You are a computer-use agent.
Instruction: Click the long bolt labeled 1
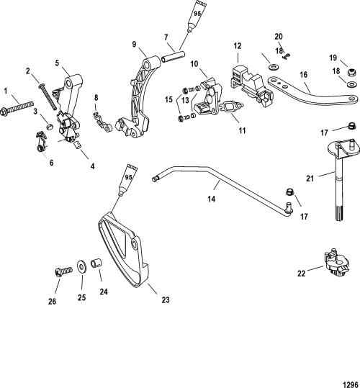click(17, 109)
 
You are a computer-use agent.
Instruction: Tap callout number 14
click(211, 199)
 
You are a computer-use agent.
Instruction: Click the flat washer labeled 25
click(81, 265)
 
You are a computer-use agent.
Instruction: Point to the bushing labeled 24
click(96, 263)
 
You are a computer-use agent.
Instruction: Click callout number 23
click(166, 299)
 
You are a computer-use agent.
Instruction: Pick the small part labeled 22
click(337, 263)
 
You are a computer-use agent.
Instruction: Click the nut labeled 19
click(352, 72)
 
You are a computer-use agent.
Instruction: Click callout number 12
click(238, 46)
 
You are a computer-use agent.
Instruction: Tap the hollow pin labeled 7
click(174, 56)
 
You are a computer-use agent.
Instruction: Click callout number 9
click(134, 44)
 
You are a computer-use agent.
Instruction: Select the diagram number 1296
click(351, 384)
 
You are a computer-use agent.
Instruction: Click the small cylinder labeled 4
click(78, 145)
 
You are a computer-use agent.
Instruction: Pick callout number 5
click(57, 63)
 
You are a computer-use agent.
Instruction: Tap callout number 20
click(279, 37)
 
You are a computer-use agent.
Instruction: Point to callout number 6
click(51, 163)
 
